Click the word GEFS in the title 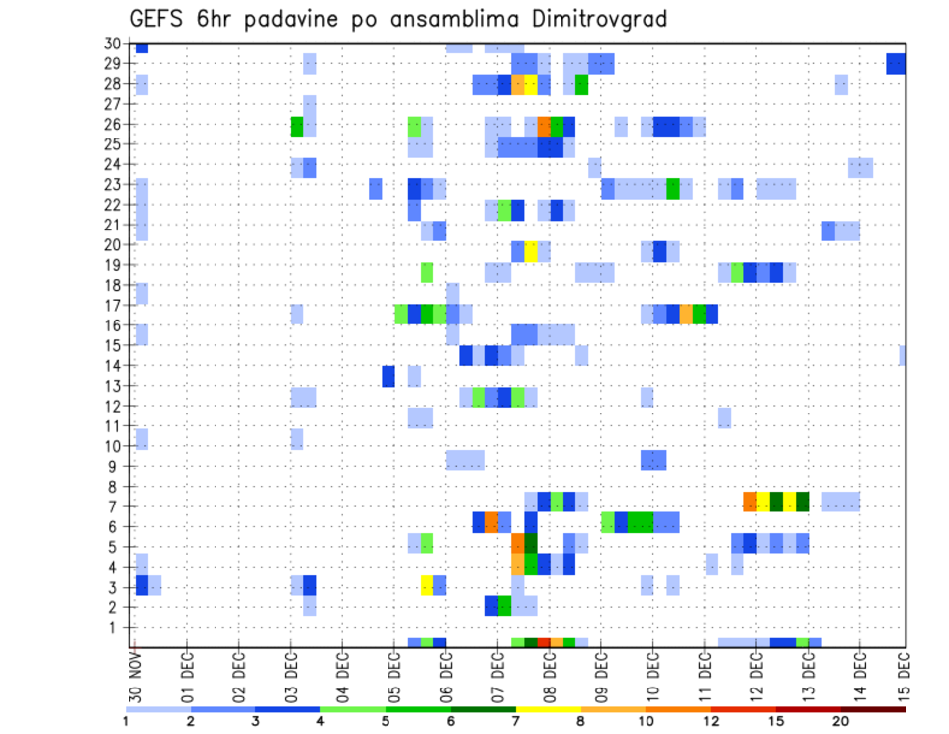(161, 19)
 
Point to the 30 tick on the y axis (114, 44)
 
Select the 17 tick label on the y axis (114, 305)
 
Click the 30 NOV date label (135, 676)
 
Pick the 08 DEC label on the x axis (549, 676)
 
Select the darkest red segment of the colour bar (873, 709)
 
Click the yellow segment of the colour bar (548, 709)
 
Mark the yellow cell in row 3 (427, 585)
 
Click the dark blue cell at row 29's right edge (897, 64)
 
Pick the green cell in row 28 (581, 85)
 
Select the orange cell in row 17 (686, 314)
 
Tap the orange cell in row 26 (544, 126)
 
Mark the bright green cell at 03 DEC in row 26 (297, 126)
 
